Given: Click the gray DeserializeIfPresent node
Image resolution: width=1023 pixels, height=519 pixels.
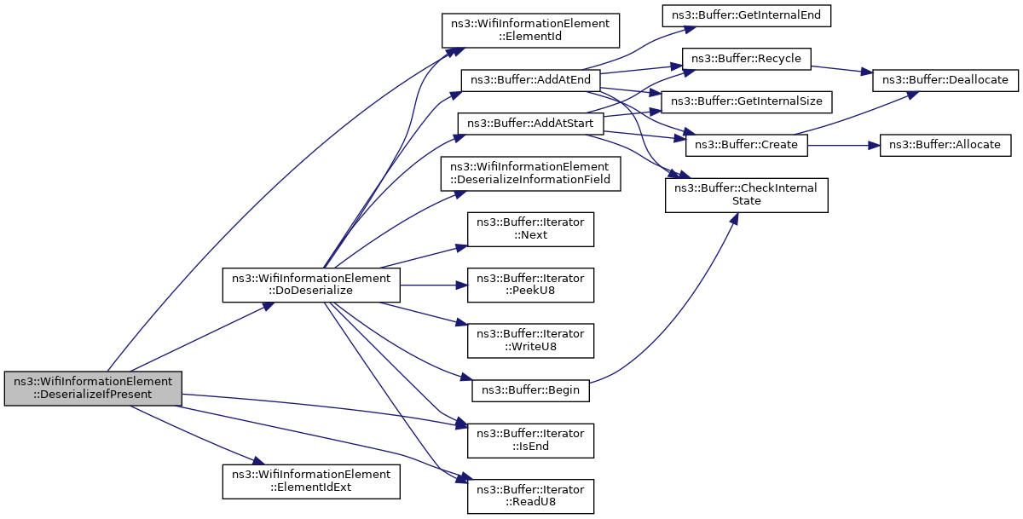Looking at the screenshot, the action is (93, 389).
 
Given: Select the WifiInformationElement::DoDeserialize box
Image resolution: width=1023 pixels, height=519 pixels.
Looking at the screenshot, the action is (311, 285).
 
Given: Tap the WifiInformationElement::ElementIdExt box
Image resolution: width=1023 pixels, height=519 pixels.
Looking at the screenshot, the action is (311, 482).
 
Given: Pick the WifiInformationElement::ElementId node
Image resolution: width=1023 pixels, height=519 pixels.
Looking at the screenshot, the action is (530, 31).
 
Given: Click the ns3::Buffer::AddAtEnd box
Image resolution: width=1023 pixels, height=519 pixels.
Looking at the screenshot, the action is (530, 80).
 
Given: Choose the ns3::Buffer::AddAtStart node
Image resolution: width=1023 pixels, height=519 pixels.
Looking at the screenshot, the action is (530, 124).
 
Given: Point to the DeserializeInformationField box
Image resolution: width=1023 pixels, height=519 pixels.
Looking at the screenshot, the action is (530, 174).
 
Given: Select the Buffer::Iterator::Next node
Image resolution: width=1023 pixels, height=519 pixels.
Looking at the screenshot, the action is (530, 229).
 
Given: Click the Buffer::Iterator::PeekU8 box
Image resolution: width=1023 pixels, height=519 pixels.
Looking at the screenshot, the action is (530, 285).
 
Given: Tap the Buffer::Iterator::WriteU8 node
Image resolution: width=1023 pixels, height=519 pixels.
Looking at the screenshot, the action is (530, 341).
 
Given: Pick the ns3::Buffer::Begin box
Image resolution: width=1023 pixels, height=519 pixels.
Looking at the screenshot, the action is (530, 390).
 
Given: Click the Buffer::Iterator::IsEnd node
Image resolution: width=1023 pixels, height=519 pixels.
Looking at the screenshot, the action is (530, 441).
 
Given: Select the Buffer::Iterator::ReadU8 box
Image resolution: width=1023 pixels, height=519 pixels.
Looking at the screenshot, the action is (530, 496).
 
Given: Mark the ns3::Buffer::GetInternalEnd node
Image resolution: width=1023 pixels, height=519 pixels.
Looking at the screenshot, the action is (746, 15).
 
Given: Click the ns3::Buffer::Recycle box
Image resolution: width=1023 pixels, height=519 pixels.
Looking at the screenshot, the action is (746, 59).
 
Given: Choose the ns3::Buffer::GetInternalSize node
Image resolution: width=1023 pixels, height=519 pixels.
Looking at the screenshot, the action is (746, 102).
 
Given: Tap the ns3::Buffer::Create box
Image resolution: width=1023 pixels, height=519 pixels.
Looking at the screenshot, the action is (746, 145).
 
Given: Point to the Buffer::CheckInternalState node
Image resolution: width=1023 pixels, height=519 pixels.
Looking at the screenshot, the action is (746, 195).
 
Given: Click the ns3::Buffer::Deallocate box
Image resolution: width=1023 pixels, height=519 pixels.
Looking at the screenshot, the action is (945, 80).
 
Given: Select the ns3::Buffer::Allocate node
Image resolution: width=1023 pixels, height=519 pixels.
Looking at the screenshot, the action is (945, 145).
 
